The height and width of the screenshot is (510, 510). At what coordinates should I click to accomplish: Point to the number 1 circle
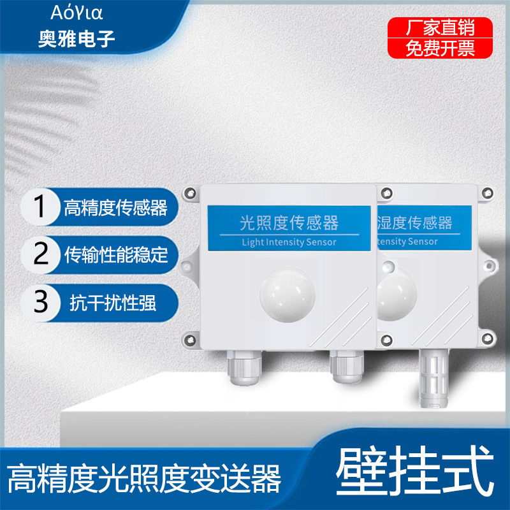(x=40, y=207)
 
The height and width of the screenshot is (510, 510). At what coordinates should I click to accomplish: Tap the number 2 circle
(x=40, y=254)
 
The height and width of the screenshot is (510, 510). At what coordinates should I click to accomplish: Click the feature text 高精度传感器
(x=115, y=208)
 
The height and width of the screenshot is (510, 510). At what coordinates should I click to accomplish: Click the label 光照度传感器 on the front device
(x=289, y=222)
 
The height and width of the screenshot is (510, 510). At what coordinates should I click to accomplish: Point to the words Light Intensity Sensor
(x=289, y=242)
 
